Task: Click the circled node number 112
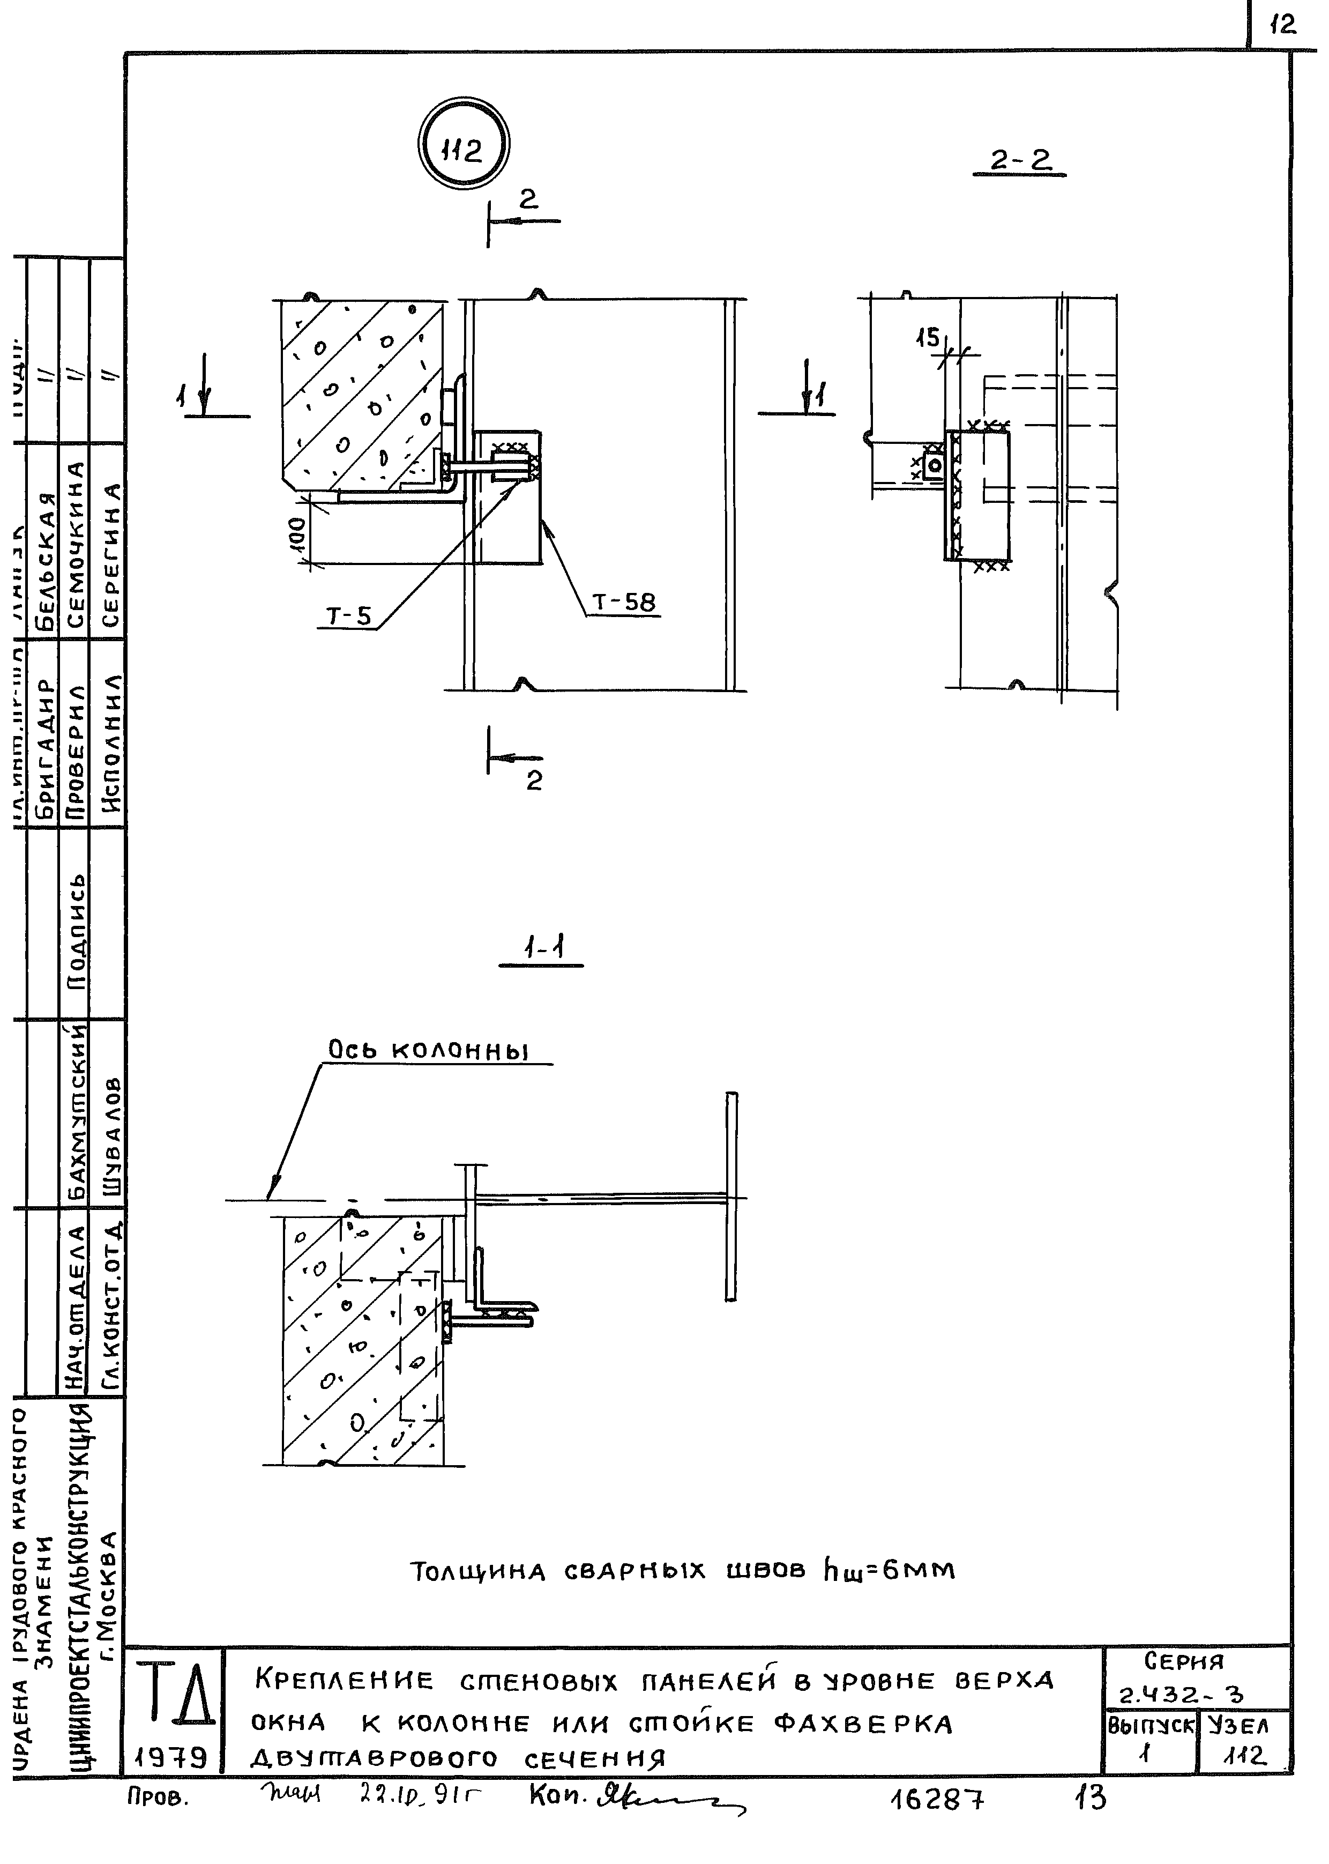coord(462,147)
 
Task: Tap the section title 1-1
coord(542,949)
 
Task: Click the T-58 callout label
coord(624,603)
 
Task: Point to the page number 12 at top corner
coord(1283,26)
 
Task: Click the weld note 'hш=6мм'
coord(889,1571)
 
